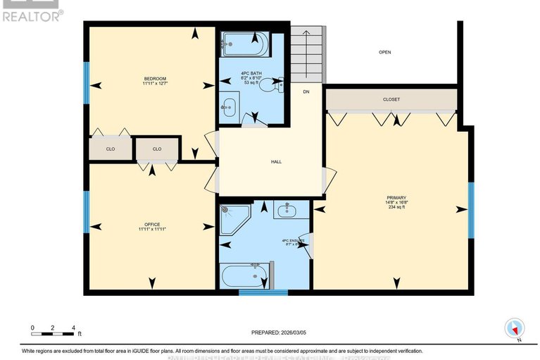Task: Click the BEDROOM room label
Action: pyautogui.click(x=155, y=78)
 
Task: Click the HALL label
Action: pyautogui.click(x=276, y=162)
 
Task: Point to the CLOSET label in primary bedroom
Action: pyautogui.click(x=391, y=99)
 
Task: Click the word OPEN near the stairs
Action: pyautogui.click(x=384, y=52)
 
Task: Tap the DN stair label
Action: pyautogui.click(x=306, y=92)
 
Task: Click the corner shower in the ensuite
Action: pyautogui.click(x=233, y=220)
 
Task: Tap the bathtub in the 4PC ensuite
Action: pyautogui.click(x=244, y=275)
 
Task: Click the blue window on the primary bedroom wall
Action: pyautogui.click(x=471, y=210)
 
